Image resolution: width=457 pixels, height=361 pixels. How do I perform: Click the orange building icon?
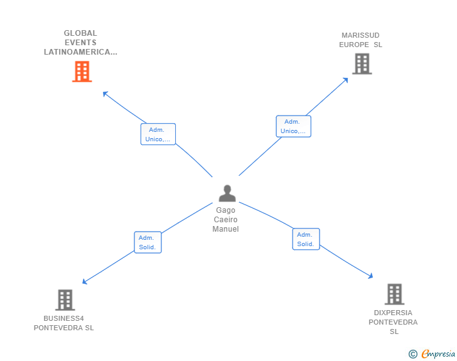pyautogui.click(x=82, y=72)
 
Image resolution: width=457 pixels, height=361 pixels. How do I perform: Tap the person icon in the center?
pyautogui.click(x=227, y=193)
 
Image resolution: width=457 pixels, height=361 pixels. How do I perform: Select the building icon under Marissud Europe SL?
pyautogui.click(x=362, y=63)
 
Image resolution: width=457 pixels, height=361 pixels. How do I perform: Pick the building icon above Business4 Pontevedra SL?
pyautogui.click(x=65, y=299)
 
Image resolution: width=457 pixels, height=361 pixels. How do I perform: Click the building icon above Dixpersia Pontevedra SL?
pyautogui.click(x=394, y=294)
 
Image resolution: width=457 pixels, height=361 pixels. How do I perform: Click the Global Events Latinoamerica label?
pyautogui.click(x=80, y=43)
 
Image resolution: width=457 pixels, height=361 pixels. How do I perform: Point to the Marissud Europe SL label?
pyautogui.click(x=360, y=40)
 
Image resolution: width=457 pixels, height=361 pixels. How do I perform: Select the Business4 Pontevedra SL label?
pyautogui.click(x=64, y=323)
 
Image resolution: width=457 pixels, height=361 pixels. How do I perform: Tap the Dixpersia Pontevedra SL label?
pyautogui.click(x=393, y=322)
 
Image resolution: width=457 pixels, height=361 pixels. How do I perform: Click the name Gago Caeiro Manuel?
pyautogui.click(x=225, y=220)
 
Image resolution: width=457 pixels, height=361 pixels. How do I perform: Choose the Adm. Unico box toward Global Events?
pyautogui.click(x=158, y=134)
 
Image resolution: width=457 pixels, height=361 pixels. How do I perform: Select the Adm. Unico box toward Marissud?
pyautogui.click(x=294, y=126)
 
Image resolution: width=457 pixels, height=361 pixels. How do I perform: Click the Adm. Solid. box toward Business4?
pyautogui.click(x=148, y=242)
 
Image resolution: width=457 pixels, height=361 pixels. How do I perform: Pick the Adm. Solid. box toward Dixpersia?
pyautogui.click(x=306, y=239)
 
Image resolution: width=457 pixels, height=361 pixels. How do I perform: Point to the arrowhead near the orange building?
pyautogui.click(x=105, y=94)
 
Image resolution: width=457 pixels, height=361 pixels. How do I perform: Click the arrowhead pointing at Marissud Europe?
pyautogui.click(x=346, y=80)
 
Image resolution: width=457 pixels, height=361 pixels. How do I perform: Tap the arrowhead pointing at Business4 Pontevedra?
pyautogui.click(x=85, y=282)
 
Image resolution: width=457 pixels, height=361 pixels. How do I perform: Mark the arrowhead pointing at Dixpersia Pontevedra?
pyautogui.click(x=371, y=276)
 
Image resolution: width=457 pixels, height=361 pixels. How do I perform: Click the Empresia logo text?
pyautogui.click(x=438, y=353)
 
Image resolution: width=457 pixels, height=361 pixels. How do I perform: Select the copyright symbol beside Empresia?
pyautogui.click(x=412, y=354)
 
